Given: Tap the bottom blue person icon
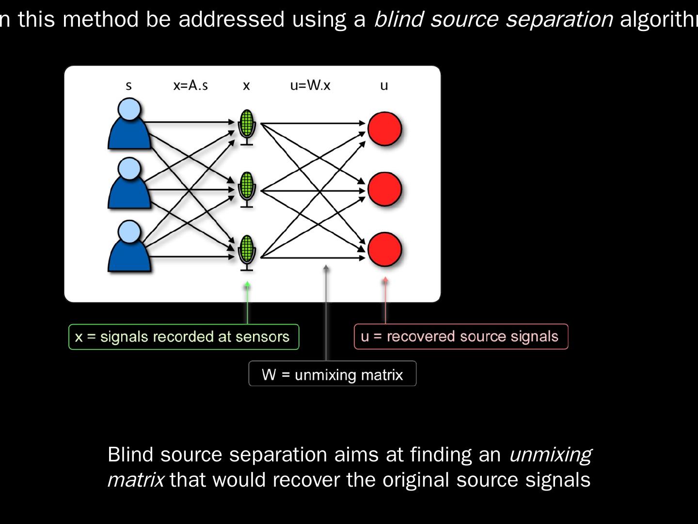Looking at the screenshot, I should point(128,247).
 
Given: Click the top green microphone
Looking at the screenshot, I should point(247,126).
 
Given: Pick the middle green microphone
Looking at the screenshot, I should point(247,188).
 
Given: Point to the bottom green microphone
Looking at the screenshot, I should point(247,251).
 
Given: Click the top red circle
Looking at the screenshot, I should point(385,129).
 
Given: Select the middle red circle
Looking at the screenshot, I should point(385,190).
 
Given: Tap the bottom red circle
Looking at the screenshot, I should point(385,250).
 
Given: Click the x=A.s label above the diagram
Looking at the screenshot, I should point(190,85).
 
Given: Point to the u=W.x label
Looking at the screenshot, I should point(310,85).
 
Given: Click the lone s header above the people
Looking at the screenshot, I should point(128,86).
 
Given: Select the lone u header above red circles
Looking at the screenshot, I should point(384,86).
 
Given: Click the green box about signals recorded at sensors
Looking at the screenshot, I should point(184,337).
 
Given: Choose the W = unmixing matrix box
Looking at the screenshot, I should point(333,374).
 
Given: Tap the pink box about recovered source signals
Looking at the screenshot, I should point(461,336).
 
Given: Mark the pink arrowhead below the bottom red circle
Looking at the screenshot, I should point(385,280).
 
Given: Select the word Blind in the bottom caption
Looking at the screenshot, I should point(130,455).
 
